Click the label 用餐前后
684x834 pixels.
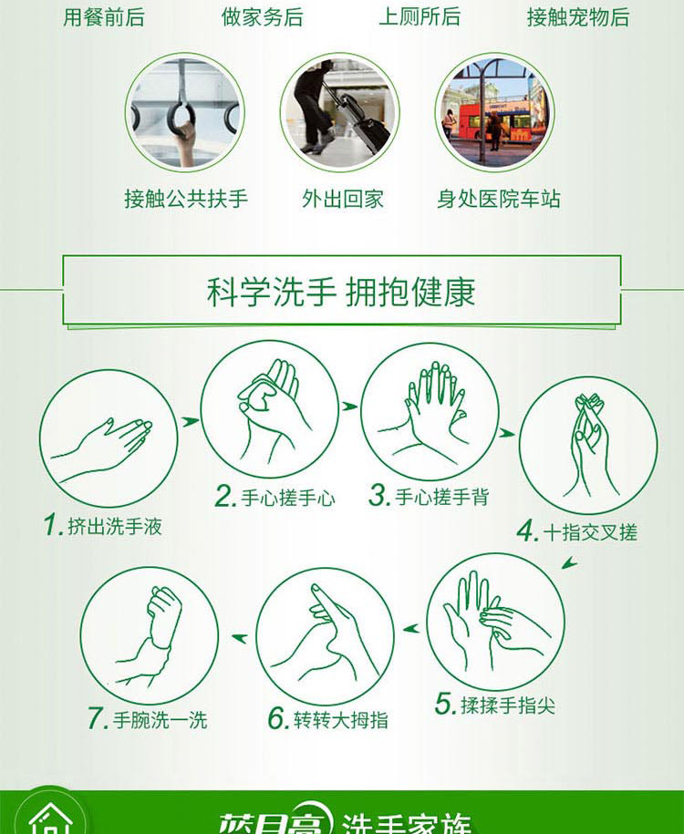point(104,17)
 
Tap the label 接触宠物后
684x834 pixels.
point(578,17)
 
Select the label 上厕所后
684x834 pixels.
point(420,17)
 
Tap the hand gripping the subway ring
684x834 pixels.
point(186,141)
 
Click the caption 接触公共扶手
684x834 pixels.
point(186,199)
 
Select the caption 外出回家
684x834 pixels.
point(342,199)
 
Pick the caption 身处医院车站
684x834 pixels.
point(499,199)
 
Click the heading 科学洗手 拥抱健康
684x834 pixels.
point(341,292)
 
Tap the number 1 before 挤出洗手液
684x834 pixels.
point(53,525)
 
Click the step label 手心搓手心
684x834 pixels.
point(288,498)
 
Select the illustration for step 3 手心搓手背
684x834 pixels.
point(430,411)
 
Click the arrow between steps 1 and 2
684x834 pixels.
point(189,422)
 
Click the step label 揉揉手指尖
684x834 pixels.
point(508,705)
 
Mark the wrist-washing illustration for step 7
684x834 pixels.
point(150,635)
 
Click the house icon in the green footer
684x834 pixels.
point(50,819)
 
